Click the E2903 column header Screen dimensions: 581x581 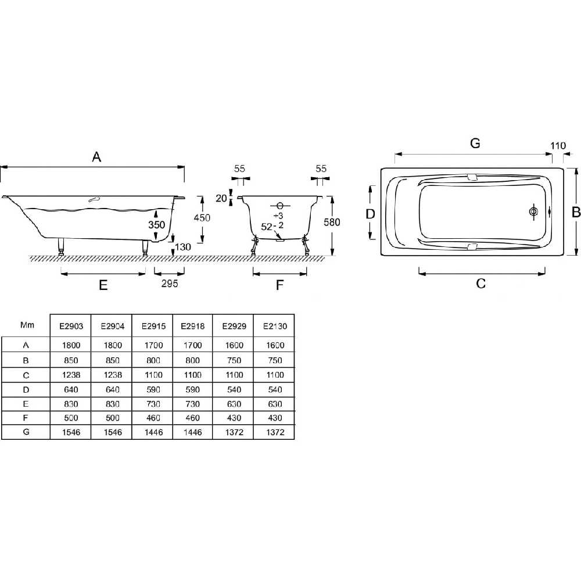click(71, 326)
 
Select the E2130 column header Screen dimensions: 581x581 click(275, 326)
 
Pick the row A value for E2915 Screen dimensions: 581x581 click(153, 345)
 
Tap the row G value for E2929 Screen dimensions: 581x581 click(234, 432)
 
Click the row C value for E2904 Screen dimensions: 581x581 click(113, 375)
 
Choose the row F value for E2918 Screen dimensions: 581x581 click(193, 418)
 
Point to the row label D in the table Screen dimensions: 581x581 click(26, 390)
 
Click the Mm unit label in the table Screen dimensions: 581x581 click(27, 325)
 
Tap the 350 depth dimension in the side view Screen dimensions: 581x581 click(156, 224)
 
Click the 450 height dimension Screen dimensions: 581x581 click(202, 217)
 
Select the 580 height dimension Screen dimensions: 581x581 click(332, 222)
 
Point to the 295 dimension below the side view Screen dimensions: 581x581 click(170, 284)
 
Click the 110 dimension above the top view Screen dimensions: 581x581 click(558, 146)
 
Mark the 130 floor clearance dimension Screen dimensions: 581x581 click(182, 247)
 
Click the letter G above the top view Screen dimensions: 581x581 click(475, 143)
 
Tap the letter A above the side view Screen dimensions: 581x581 click(96, 157)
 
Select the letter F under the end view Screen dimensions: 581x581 click(280, 285)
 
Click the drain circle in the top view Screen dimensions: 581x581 click(533, 211)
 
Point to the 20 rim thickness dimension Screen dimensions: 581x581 click(221, 198)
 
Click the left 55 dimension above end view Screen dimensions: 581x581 click(240, 168)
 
